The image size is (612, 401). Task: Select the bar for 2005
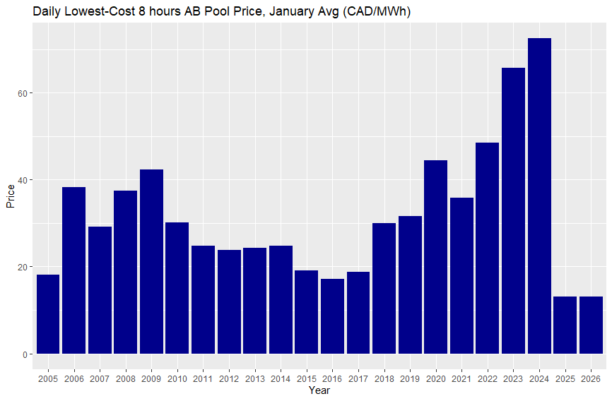point(48,314)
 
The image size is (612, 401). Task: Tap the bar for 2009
point(151,261)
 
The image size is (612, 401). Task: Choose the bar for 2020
point(435,257)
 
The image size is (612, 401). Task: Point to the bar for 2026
point(591,325)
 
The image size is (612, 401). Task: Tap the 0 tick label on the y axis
point(25,354)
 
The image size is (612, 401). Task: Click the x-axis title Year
point(319,390)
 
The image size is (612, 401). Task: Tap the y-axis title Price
point(10,195)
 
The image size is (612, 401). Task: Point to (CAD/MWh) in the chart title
point(376,12)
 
